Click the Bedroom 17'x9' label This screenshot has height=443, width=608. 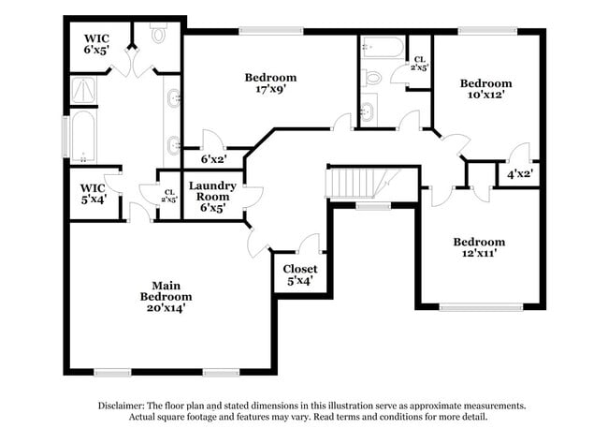click(x=270, y=83)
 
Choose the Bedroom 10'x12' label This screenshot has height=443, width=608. click(x=485, y=89)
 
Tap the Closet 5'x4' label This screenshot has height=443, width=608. click(x=299, y=273)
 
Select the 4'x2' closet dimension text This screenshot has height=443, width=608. click(x=520, y=174)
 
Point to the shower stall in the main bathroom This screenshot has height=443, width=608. click(x=84, y=90)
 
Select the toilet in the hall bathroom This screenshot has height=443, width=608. click(x=372, y=77)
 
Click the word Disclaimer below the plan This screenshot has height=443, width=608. click(x=125, y=406)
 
